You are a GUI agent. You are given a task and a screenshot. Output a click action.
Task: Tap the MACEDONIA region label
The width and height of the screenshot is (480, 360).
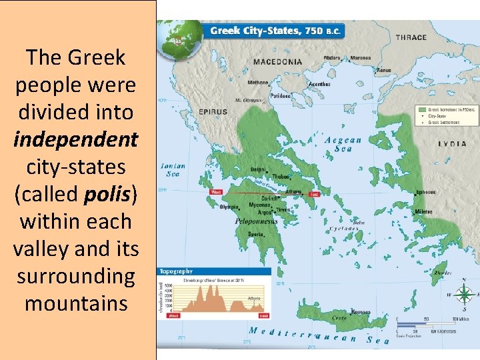tap(277, 62)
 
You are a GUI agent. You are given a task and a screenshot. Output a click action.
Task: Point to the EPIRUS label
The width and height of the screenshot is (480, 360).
tap(212, 112)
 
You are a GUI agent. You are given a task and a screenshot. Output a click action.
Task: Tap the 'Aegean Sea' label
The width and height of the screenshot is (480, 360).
tap(343, 144)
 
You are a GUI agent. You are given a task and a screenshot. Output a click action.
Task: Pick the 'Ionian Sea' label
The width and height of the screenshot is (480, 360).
tap(172, 170)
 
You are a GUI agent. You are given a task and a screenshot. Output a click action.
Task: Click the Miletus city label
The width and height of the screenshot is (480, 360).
tap(423, 212)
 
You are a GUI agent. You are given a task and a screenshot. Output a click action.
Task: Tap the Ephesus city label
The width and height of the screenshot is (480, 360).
tap(425, 192)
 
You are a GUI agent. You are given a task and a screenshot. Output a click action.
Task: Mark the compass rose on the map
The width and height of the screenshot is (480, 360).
tap(466, 293)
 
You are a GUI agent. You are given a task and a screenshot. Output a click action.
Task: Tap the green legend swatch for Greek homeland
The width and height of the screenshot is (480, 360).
tap(422, 109)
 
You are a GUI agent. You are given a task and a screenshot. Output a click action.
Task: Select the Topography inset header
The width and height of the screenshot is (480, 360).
tap(177, 271)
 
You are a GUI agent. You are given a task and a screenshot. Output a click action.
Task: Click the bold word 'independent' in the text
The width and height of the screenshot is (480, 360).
tap(75, 139)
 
